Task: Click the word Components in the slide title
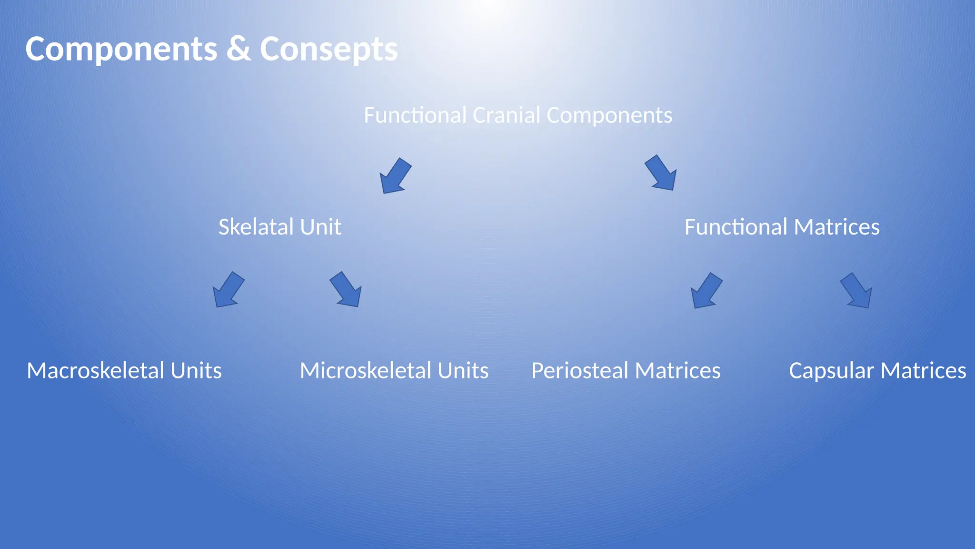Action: point(121,49)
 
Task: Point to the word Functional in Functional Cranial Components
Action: point(415,115)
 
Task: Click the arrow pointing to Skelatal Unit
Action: point(395,176)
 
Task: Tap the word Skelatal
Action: point(249,227)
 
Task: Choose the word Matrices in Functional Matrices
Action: point(836,227)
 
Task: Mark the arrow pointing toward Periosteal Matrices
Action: point(706,291)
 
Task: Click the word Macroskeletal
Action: point(96,371)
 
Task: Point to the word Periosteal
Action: point(579,371)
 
